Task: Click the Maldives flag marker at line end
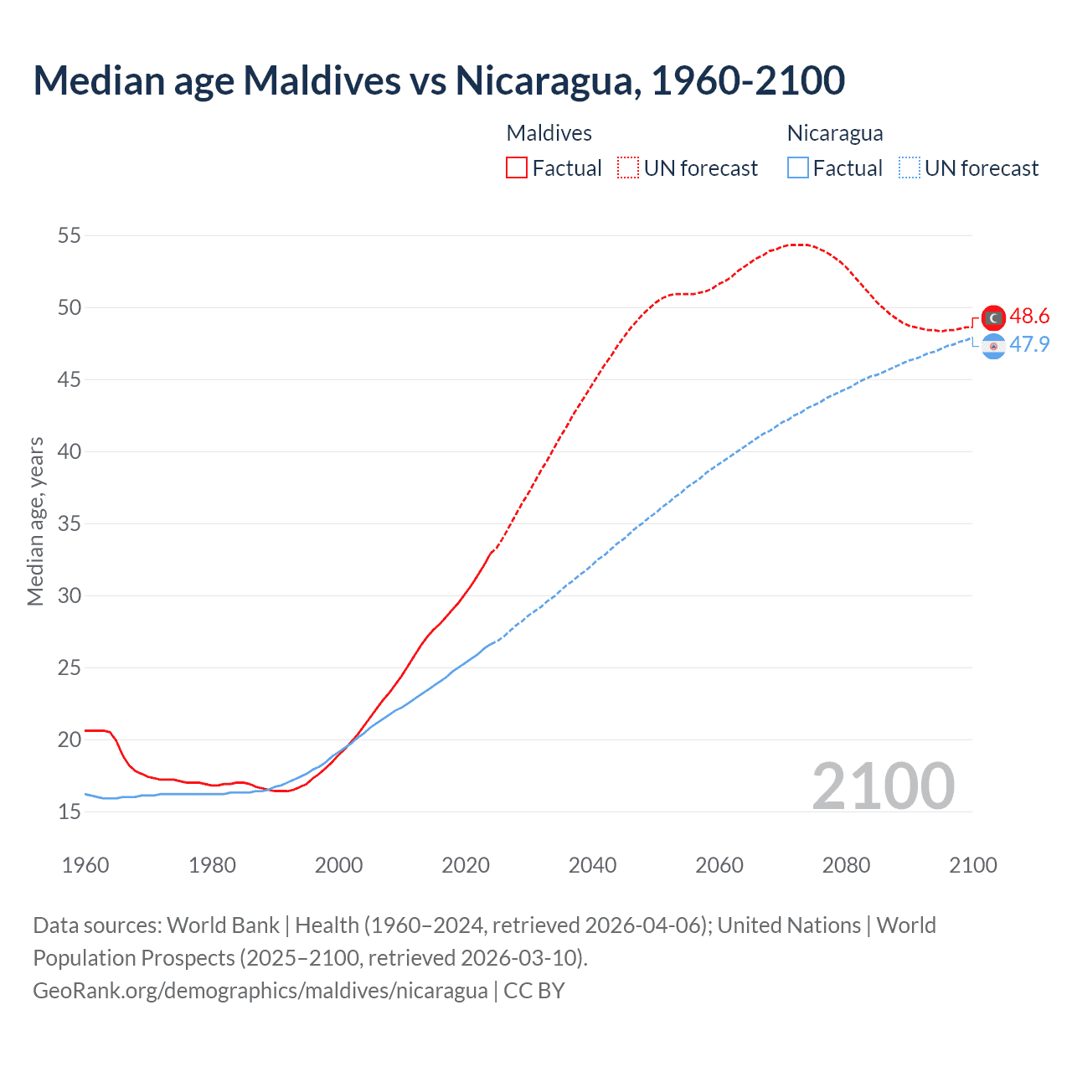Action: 993,317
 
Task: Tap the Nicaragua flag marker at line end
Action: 993,346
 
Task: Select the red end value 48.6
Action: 1029,316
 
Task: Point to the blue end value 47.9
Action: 1029,344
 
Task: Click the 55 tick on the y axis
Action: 70,235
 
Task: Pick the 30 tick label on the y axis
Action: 70,595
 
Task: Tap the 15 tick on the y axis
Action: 70,812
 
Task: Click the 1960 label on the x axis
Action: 85,865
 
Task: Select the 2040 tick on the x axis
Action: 592,865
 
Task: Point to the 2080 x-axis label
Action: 846,865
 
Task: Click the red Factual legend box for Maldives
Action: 517,167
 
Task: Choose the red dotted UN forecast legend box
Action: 628,167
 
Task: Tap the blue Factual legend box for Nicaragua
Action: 798,167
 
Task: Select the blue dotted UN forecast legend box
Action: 909,167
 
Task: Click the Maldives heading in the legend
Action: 549,133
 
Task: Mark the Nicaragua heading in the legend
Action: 835,133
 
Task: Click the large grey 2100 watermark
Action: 883,786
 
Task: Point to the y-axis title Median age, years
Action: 35,521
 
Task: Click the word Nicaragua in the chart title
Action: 548,80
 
